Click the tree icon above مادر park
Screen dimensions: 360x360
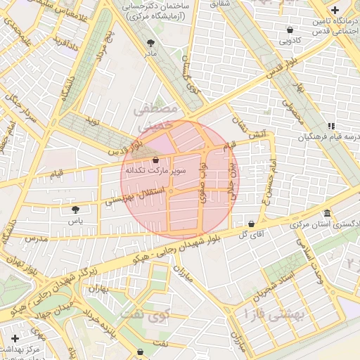(150, 42)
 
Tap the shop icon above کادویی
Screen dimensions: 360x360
(290, 30)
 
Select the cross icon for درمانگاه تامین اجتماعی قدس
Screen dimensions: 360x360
(335, 11)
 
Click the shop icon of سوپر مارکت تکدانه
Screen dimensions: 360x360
(155, 160)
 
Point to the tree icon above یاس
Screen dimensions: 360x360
(76, 209)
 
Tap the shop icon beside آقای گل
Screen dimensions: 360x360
(251, 224)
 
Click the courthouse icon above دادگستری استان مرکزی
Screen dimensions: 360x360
(327, 213)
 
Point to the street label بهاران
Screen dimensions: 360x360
(101, 288)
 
